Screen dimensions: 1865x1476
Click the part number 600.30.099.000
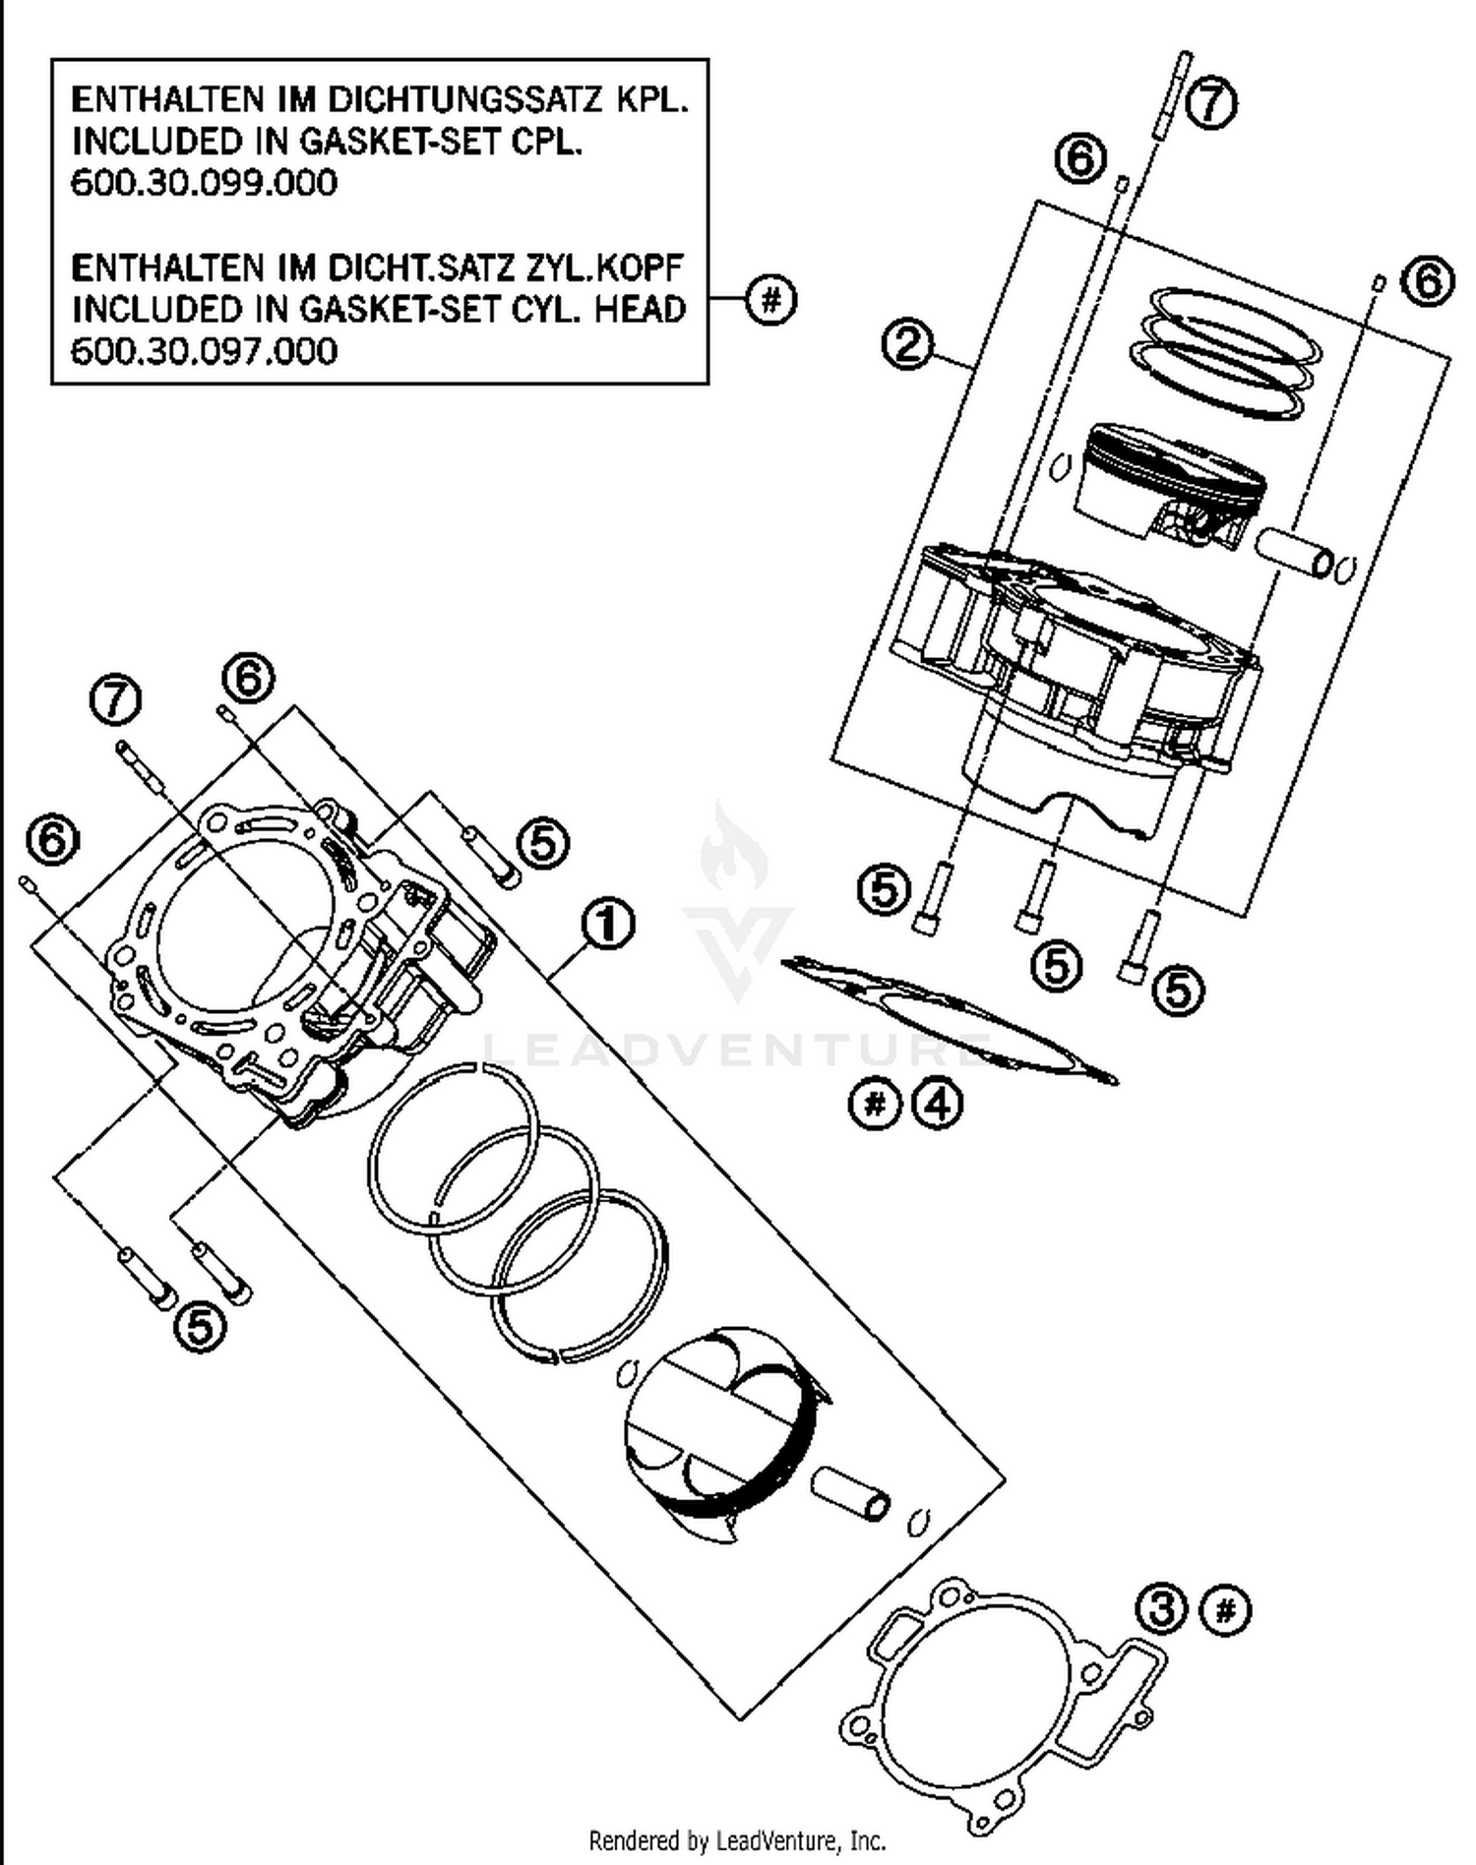click(x=204, y=184)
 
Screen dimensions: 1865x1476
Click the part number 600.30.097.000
click(x=204, y=351)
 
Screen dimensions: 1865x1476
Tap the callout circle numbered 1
click(x=607, y=925)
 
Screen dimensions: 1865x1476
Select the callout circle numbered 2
click(x=907, y=345)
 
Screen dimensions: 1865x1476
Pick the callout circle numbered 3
click(x=1162, y=1610)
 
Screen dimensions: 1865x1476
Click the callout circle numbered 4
click(x=937, y=1106)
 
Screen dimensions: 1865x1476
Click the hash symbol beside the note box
click(x=770, y=300)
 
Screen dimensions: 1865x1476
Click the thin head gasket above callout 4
click(x=950, y=1018)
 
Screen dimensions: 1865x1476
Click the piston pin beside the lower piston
click(x=851, y=1494)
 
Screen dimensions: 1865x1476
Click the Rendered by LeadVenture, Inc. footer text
click(x=737, y=1840)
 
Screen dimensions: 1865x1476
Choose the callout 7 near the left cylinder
click(x=115, y=700)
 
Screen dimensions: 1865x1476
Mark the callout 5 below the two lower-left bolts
click(x=200, y=1328)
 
